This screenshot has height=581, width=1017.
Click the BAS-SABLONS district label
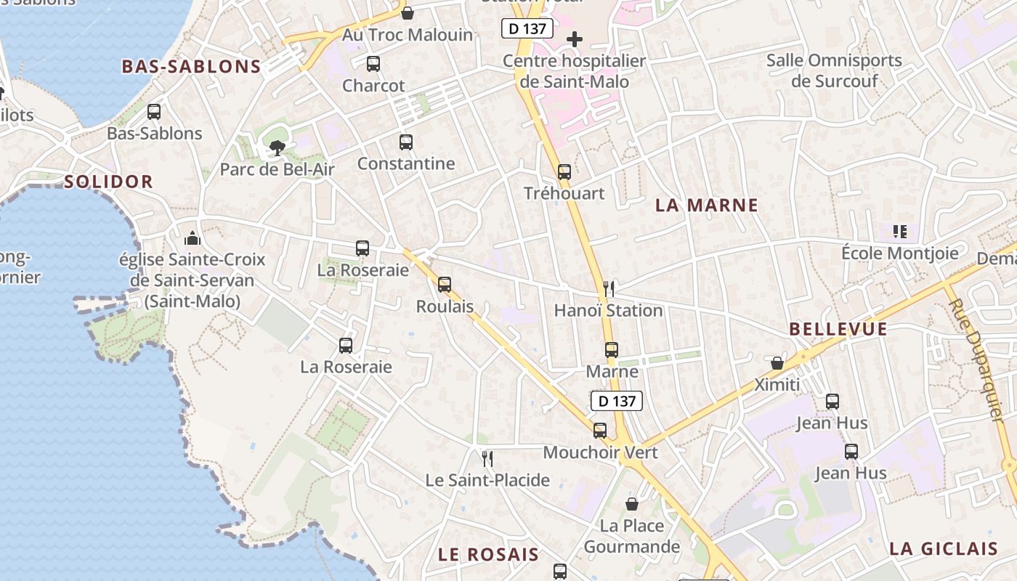191,67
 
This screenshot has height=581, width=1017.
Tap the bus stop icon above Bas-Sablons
154,112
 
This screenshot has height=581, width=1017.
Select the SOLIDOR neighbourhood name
109,182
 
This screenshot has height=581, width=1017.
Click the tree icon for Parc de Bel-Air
277,148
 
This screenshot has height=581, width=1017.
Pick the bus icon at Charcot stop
373,64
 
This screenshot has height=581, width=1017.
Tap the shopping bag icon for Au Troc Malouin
408,13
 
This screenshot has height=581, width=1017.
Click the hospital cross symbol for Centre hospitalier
575,38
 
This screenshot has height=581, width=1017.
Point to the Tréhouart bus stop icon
564,172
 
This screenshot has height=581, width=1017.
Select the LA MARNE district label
707,206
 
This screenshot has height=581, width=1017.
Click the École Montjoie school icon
900,232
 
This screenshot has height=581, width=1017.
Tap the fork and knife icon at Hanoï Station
609,288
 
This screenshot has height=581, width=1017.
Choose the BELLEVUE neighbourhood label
838,329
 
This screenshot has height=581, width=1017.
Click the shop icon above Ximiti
777,362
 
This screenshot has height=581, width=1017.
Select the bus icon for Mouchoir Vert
600,431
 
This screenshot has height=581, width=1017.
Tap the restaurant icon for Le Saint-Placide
487,458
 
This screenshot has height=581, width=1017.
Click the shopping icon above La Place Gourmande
632,503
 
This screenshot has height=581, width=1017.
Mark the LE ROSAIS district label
488,555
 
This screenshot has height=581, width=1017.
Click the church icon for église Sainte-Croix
192,237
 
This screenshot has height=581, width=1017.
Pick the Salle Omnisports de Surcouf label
834,70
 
